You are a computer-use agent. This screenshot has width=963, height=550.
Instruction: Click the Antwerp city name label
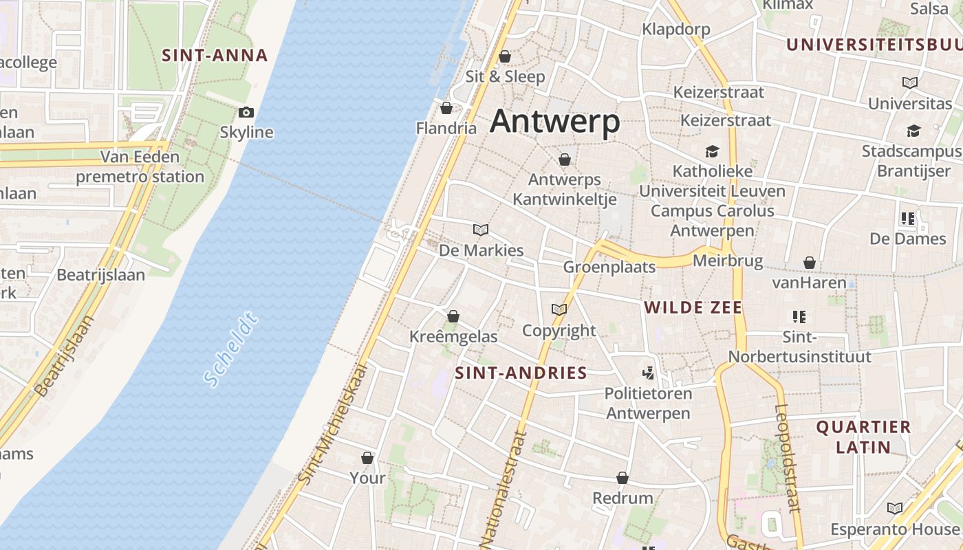point(555,122)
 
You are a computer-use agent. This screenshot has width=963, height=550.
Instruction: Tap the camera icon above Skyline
point(246,112)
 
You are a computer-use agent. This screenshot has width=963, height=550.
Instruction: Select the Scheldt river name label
point(231,349)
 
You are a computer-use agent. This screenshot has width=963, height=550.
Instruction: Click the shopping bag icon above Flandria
point(446,108)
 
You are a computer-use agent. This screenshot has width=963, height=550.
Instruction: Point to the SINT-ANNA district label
point(214,56)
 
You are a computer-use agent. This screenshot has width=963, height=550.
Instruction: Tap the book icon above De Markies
point(481,230)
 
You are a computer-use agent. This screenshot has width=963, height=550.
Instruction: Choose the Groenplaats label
point(609,267)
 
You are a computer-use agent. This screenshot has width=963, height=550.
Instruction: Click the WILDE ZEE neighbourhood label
point(693,307)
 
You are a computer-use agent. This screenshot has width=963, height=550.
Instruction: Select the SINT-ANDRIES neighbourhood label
point(521,373)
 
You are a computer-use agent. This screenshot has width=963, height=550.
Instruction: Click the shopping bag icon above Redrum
point(623,478)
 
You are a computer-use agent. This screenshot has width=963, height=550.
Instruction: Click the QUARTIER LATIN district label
point(863,437)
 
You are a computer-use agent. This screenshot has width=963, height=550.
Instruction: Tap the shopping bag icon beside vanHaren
point(810,263)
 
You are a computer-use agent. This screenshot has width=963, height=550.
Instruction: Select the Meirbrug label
point(728,261)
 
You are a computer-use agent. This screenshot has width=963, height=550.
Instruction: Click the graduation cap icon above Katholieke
point(712,151)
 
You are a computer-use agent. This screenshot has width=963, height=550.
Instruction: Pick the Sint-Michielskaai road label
point(334,423)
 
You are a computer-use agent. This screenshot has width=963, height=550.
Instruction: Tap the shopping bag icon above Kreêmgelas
point(453,316)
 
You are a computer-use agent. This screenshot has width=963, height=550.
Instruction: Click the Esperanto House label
point(894,529)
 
